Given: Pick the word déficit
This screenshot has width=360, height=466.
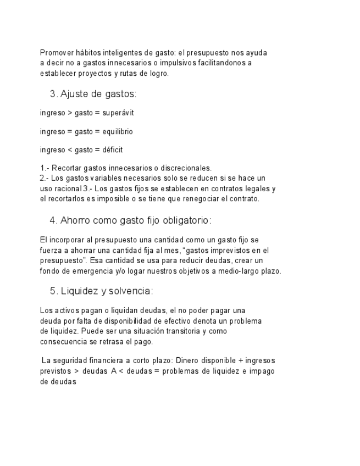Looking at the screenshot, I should [x=113, y=150].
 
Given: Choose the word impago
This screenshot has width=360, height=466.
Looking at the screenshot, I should [x=260, y=371].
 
